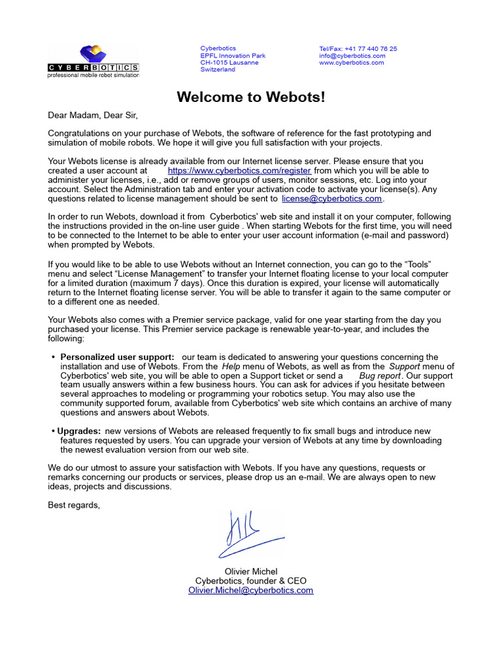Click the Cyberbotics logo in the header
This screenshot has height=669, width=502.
pyautogui.click(x=93, y=61)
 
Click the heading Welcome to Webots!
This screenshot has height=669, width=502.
pyautogui.click(x=250, y=97)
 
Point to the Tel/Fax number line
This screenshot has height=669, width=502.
pyautogui.click(x=358, y=49)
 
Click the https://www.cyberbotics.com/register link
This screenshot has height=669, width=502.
pyautogui.click(x=239, y=171)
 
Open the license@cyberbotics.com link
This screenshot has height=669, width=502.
pyautogui.click(x=331, y=199)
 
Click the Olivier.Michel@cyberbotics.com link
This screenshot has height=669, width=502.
pyautogui.click(x=250, y=590)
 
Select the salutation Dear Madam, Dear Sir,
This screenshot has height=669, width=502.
pyautogui.click(x=93, y=116)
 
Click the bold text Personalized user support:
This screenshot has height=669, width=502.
pyautogui.click(x=117, y=357)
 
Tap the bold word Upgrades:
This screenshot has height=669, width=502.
pyautogui.click(x=78, y=431)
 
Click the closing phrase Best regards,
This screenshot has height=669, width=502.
pyautogui.click(x=74, y=505)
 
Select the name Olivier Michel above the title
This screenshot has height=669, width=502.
pyautogui.click(x=250, y=572)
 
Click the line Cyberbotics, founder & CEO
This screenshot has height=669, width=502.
pyautogui.click(x=250, y=581)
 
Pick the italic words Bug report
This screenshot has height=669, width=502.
pyautogui.click(x=379, y=376)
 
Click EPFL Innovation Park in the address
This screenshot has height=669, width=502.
pyautogui.click(x=233, y=56)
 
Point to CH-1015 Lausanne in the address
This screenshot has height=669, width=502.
pyautogui.click(x=229, y=63)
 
